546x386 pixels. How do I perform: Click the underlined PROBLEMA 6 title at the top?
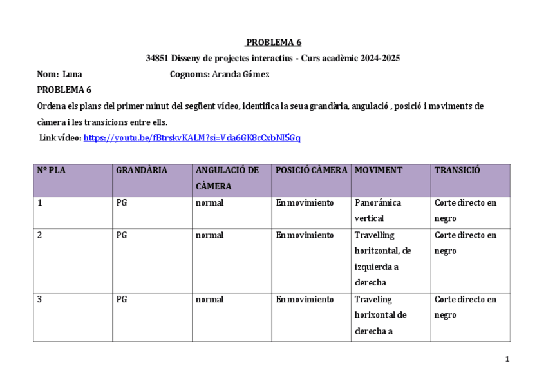pyautogui.click(x=273, y=43)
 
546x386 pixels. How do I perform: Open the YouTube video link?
pyautogui.click(x=192, y=137)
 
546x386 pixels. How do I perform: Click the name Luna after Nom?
pyautogui.click(x=72, y=74)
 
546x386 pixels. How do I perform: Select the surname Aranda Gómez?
pyautogui.click(x=240, y=74)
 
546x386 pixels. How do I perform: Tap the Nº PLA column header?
pyautogui.click(x=52, y=171)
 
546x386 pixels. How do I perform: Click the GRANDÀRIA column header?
pyautogui.click(x=142, y=171)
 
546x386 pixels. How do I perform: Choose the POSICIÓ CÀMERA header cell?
pyautogui.click(x=312, y=171)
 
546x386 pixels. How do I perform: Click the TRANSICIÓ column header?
pyautogui.click(x=457, y=171)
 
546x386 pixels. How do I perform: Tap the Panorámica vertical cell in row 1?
pyautogui.click(x=378, y=210)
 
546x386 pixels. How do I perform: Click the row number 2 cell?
pyautogui.click(x=40, y=235)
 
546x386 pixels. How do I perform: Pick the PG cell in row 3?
pyautogui.click(x=122, y=300)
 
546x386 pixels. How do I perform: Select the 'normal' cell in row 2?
pyautogui.click(x=209, y=235)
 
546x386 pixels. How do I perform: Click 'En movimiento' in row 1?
pyautogui.click(x=305, y=203)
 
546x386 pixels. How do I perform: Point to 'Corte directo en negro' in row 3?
pyautogui.click(x=466, y=307)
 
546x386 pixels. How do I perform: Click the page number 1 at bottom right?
pyautogui.click(x=507, y=359)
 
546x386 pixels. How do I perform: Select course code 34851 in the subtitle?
pyautogui.click(x=157, y=58)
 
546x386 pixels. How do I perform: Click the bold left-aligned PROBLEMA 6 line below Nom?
pyautogui.click(x=64, y=90)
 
